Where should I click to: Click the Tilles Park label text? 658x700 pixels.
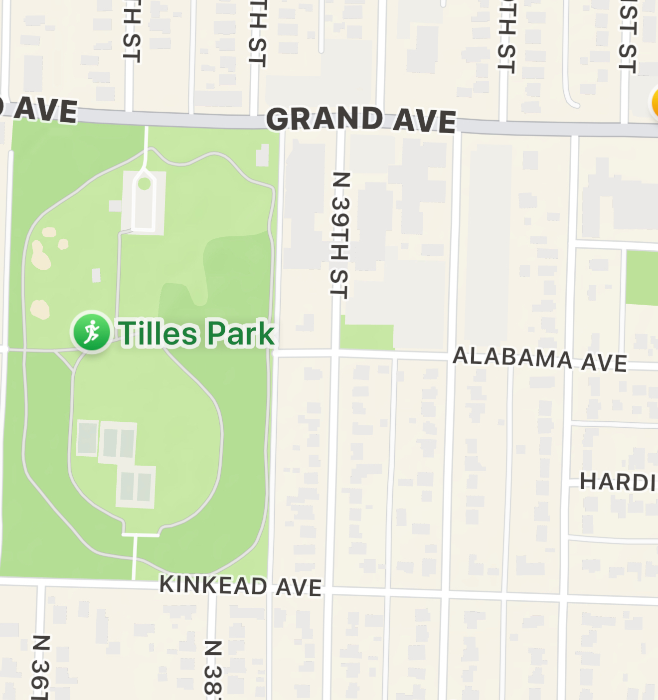(x=196, y=333)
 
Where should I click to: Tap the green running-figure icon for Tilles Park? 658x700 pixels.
(x=92, y=332)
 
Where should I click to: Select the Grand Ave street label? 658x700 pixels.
(x=361, y=120)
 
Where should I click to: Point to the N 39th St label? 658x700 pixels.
(x=340, y=235)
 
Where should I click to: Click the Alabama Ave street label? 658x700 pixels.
(x=540, y=359)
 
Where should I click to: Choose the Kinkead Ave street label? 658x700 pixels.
(x=240, y=585)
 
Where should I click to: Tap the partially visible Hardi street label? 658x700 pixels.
(x=617, y=482)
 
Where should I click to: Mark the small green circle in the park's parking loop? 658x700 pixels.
(x=144, y=184)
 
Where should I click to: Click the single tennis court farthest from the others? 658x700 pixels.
(x=87, y=438)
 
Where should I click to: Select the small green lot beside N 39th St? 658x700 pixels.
(x=366, y=337)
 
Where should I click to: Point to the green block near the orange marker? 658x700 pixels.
(x=642, y=278)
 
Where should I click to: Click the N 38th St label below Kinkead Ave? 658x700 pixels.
(x=212, y=668)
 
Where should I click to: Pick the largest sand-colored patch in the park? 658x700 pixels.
(x=40, y=254)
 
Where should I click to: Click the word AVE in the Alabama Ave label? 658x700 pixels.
(x=604, y=362)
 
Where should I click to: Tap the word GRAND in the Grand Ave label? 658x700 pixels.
(x=325, y=119)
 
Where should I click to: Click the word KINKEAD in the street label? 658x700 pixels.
(x=213, y=584)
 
